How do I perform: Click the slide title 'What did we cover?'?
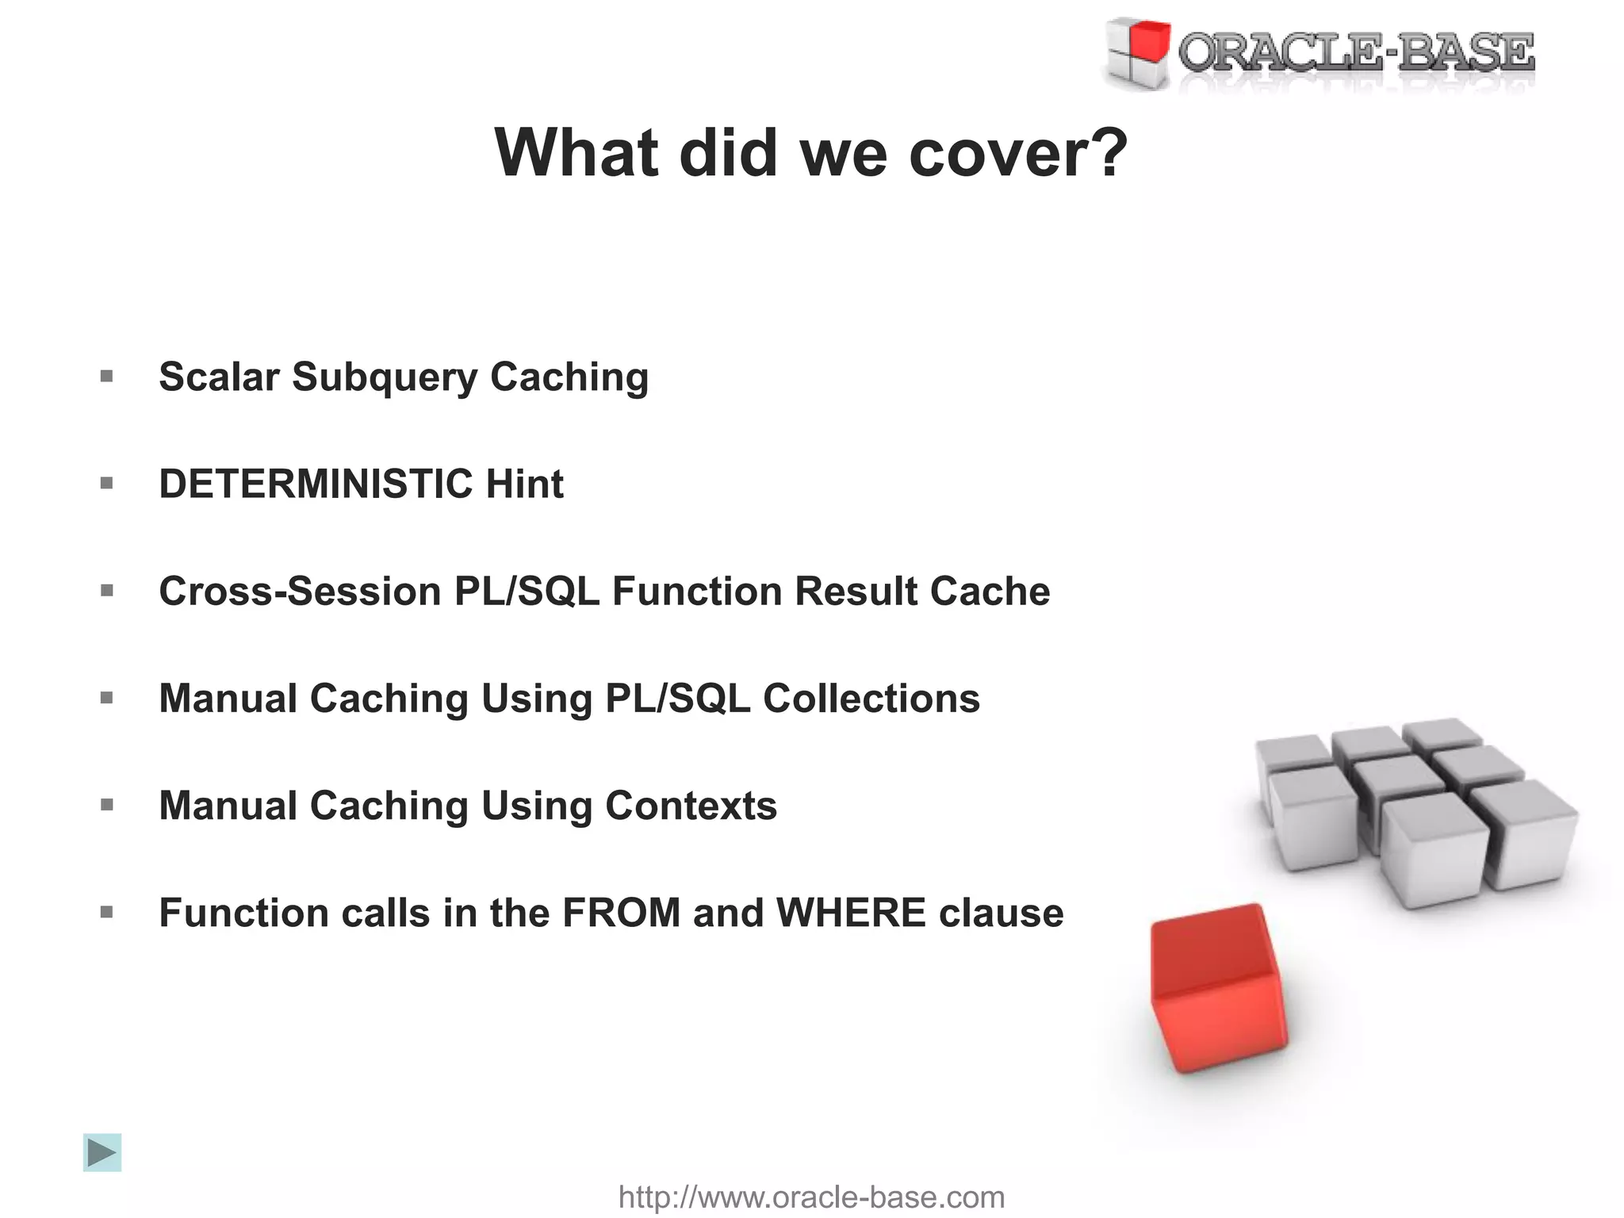pyautogui.click(x=810, y=152)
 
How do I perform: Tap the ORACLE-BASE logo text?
pyautogui.click(x=1356, y=54)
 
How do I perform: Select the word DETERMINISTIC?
pyautogui.click(x=316, y=484)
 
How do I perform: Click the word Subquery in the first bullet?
pyautogui.click(x=385, y=377)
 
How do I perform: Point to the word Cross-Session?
pyautogui.click(x=300, y=592)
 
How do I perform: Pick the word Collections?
pyautogui.click(x=871, y=699)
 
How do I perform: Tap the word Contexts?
pyautogui.click(x=691, y=806)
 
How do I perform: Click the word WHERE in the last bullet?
pyautogui.click(x=851, y=913)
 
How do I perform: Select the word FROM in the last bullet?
pyautogui.click(x=622, y=913)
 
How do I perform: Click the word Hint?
pyautogui.click(x=524, y=484)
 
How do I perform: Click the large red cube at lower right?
pyautogui.click(x=1217, y=987)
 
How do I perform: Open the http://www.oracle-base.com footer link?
pyautogui.click(x=811, y=1197)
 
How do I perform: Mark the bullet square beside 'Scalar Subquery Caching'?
pyautogui.click(x=107, y=377)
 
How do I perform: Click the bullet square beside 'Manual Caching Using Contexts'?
pyautogui.click(x=107, y=806)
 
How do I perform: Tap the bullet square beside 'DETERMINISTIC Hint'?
pyautogui.click(x=107, y=484)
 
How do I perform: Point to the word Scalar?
pyautogui.click(x=219, y=377)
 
